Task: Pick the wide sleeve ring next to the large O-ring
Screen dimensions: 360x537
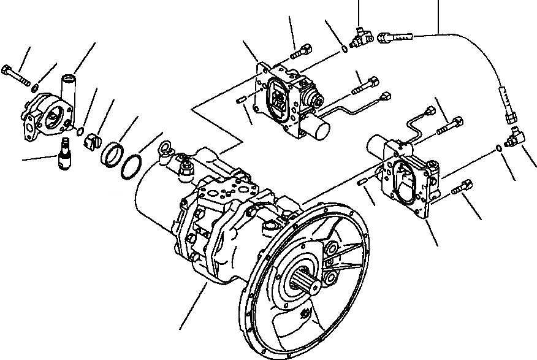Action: click(x=110, y=153)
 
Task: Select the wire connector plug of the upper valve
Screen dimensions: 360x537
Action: click(x=386, y=96)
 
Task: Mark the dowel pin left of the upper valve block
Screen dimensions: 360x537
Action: click(x=242, y=101)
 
